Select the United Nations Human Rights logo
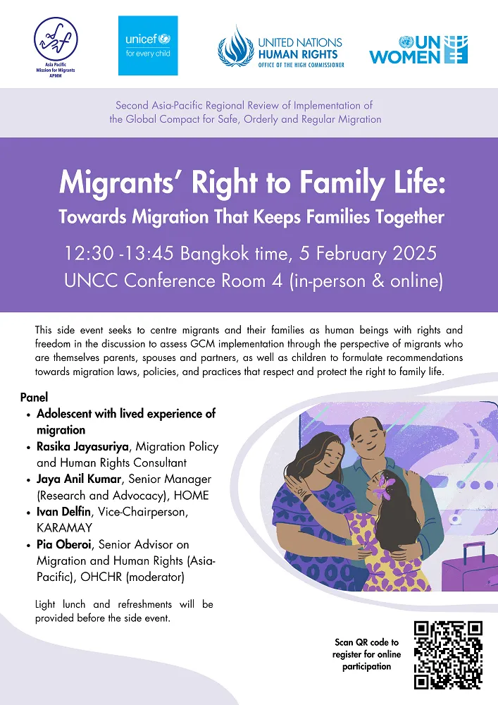coord(280,47)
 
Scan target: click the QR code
coord(447,655)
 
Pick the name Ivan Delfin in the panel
coord(68,512)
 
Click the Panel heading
coord(34,398)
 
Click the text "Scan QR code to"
coord(366,642)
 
